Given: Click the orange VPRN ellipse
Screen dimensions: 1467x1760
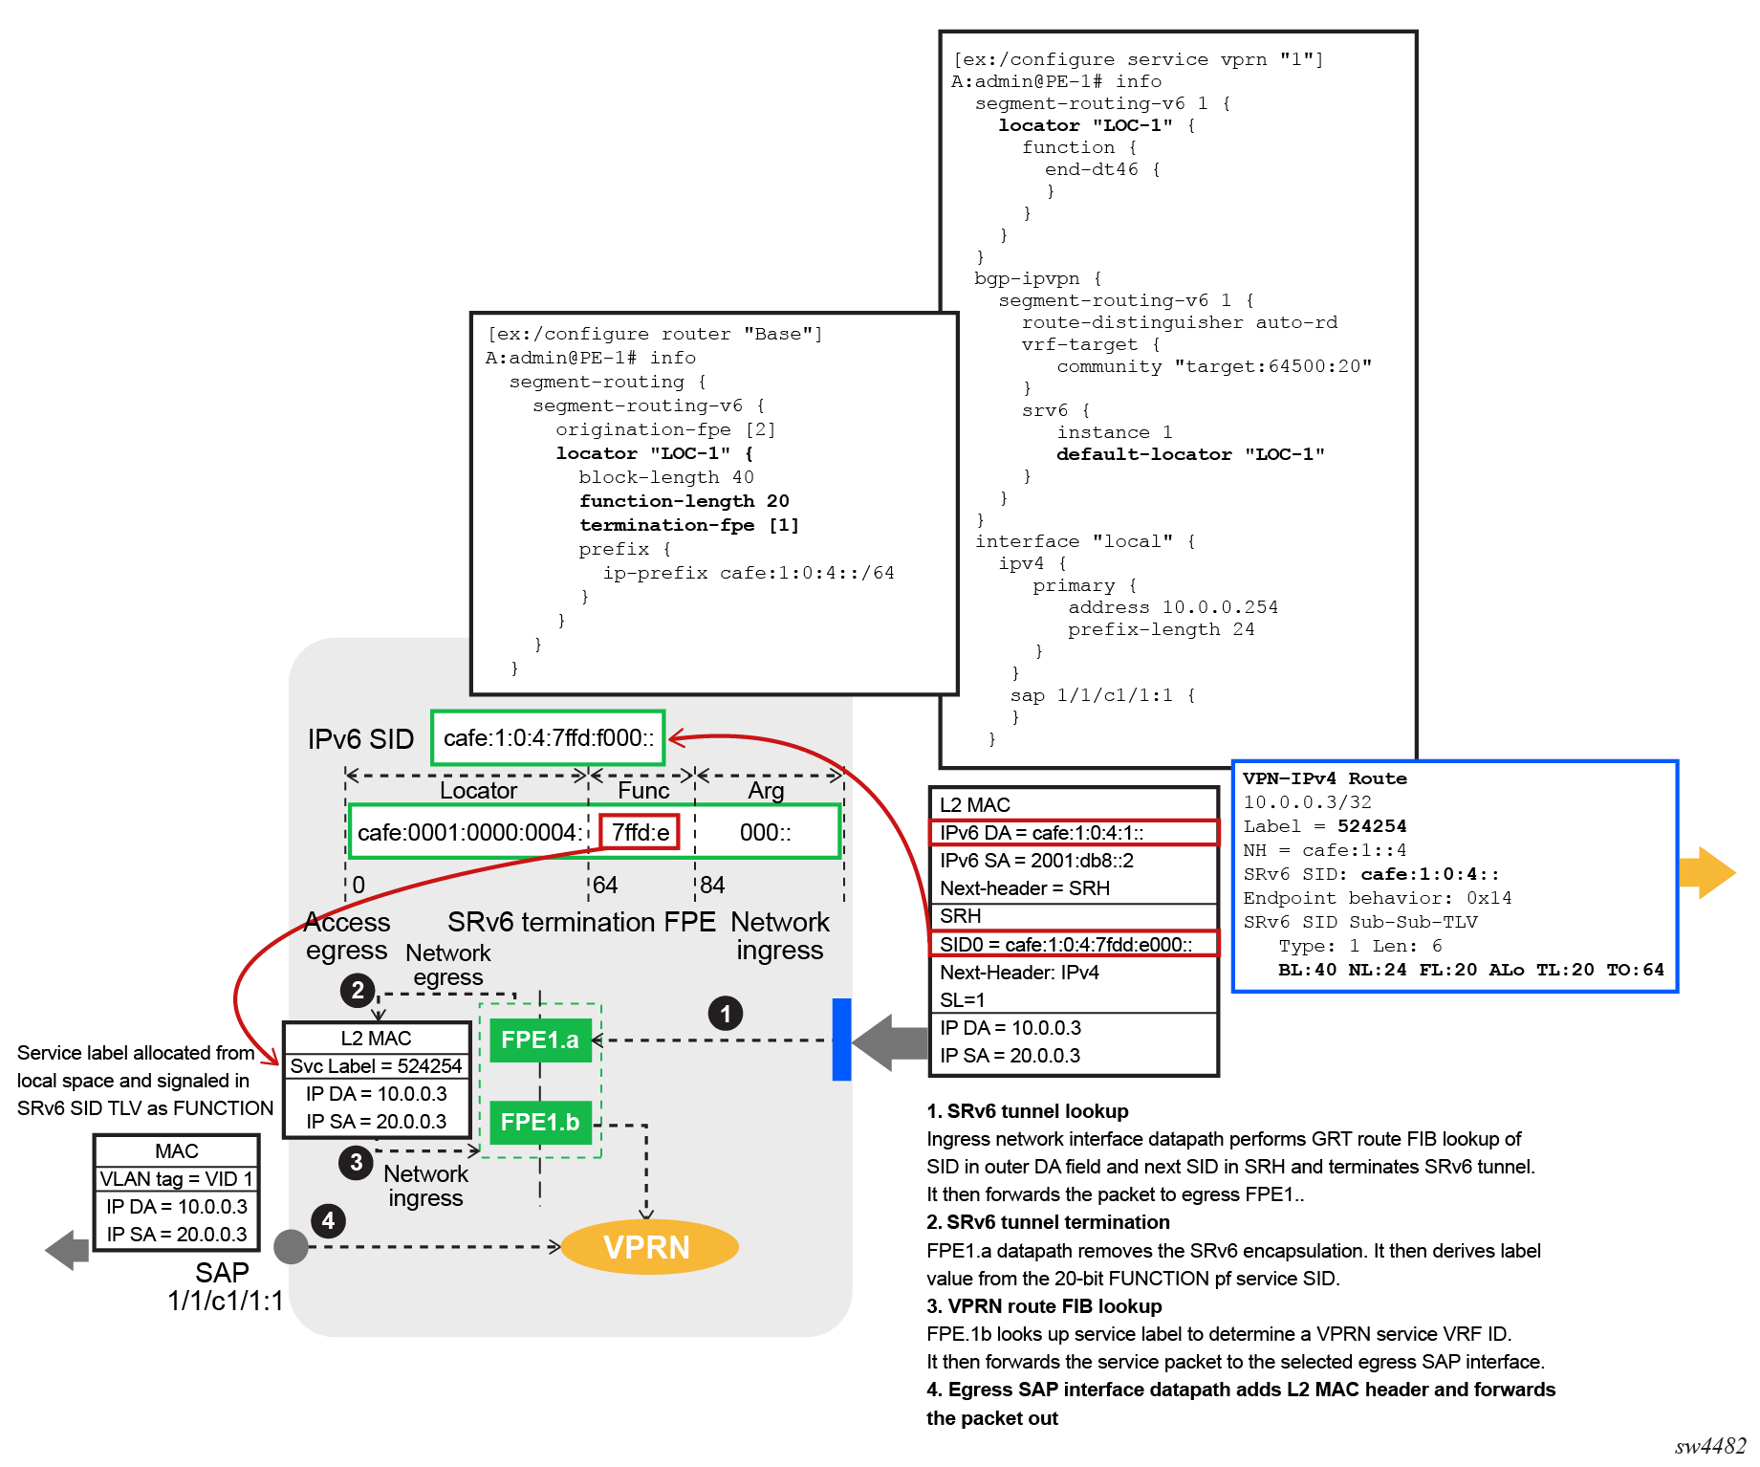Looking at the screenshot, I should click(649, 1247).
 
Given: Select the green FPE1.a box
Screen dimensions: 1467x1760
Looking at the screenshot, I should click(540, 1040).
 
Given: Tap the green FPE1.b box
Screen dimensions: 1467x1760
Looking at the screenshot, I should click(540, 1123).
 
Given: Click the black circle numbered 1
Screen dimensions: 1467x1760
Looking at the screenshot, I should click(726, 1014).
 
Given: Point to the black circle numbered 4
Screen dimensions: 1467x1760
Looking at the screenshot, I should click(328, 1220).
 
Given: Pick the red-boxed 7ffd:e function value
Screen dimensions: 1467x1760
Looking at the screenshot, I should click(640, 832).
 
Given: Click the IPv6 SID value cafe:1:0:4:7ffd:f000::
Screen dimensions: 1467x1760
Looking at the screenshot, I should click(548, 737).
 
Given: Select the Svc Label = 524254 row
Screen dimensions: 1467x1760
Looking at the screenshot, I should click(377, 1066).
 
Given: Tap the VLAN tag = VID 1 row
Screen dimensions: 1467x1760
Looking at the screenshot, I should click(177, 1179).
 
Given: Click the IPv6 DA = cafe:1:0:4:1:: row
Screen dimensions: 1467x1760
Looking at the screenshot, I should click(1074, 833).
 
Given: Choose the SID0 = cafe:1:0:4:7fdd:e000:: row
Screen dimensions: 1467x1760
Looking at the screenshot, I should click(1074, 945).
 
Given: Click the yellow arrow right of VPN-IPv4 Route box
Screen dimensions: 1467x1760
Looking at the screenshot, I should click(1706, 872).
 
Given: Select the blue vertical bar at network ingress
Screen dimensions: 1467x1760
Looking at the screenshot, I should click(841, 1040).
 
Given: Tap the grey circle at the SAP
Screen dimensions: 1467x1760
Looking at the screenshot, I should click(291, 1247).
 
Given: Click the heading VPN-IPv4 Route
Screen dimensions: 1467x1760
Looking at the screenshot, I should click(1324, 778).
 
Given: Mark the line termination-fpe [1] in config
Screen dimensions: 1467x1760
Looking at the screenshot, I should click(688, 525).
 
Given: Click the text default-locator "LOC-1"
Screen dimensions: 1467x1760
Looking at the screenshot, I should click(1190, 454).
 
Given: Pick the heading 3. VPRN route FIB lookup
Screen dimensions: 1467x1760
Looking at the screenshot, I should click(1044, 1306).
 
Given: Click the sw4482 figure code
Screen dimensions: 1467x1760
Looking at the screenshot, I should click(1709, 1446).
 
